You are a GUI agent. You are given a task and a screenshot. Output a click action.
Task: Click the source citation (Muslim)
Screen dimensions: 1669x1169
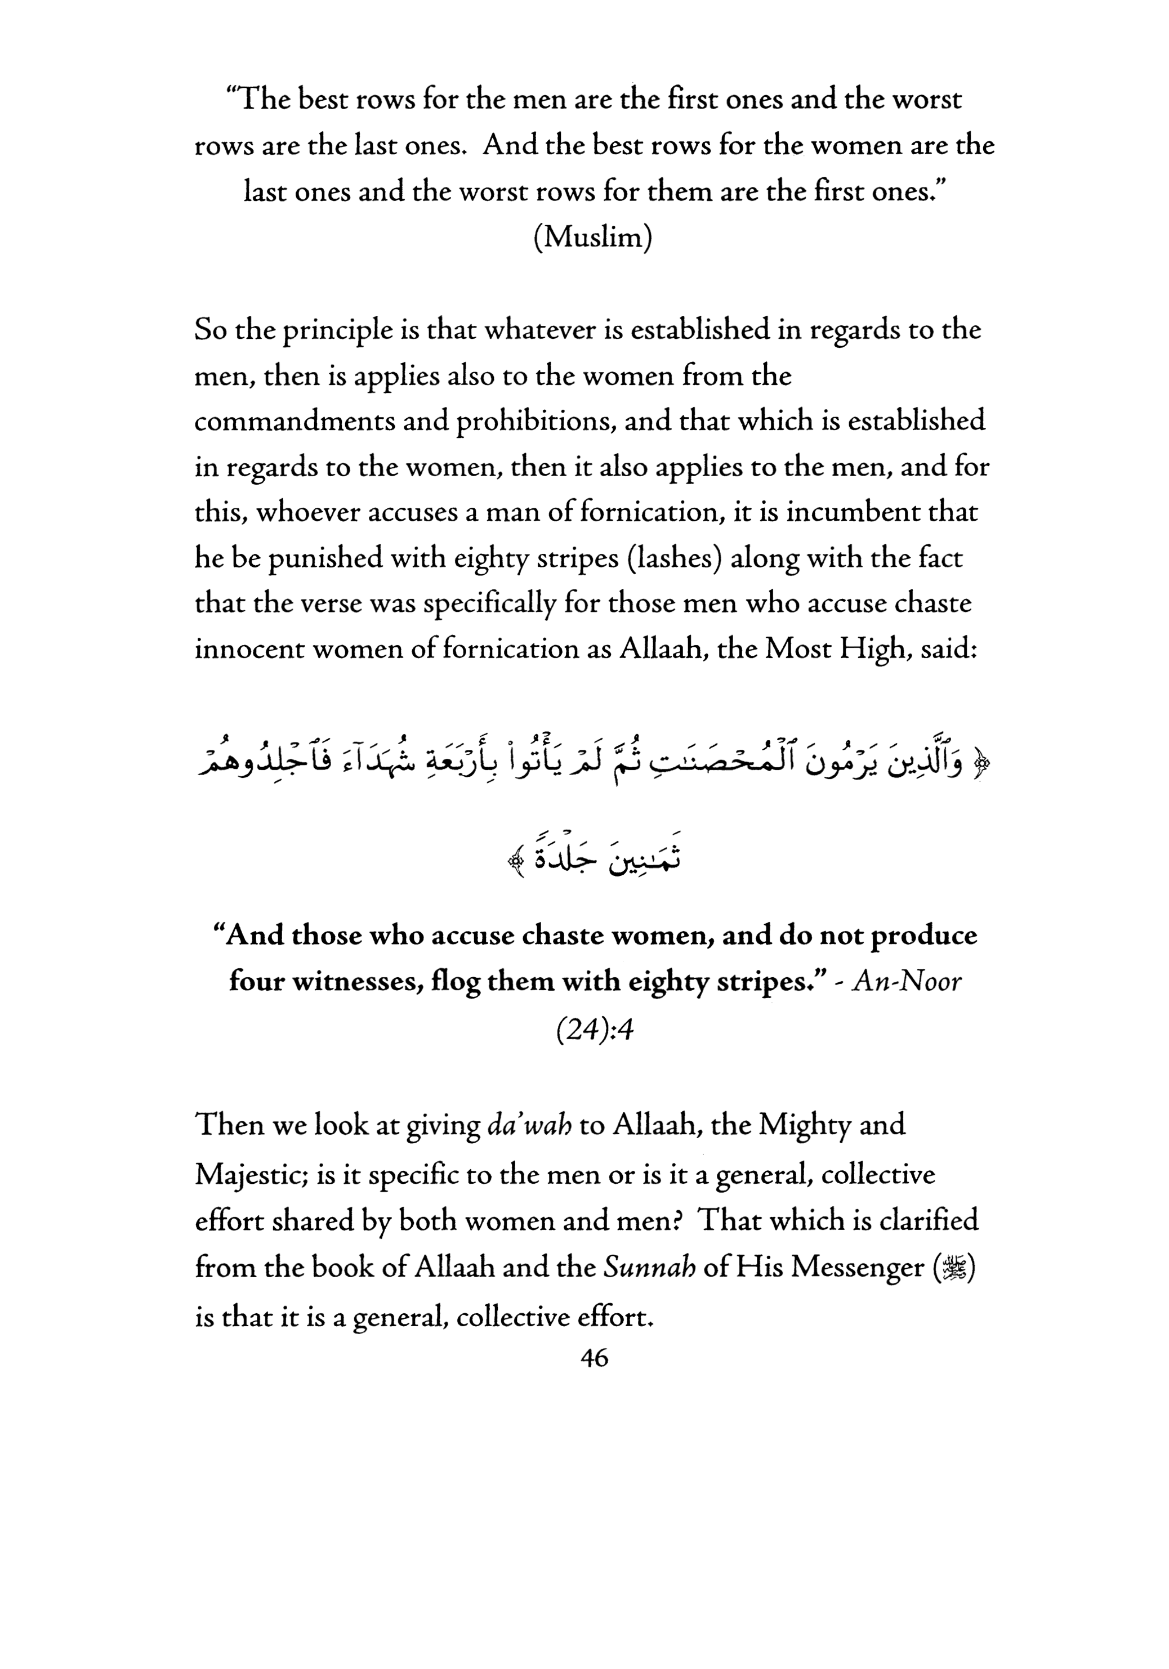(x=592, y=238)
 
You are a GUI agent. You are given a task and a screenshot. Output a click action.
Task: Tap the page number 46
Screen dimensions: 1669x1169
(x=595, y=1357)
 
